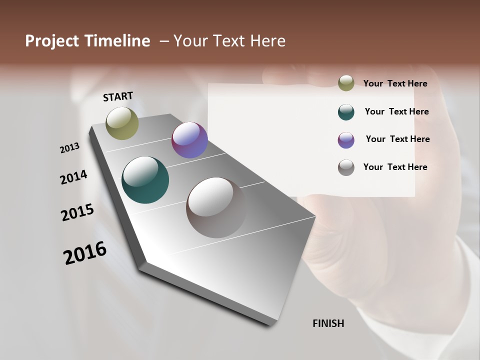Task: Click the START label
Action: [118, 96]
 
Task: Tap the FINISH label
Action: [328, 323]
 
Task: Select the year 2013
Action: [69, 148]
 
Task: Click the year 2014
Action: [73, 177]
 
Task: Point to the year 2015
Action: [77, 212]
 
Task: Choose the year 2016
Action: [85, 253]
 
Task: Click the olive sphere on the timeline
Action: [122, 123]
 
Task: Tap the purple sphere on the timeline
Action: [189, 140]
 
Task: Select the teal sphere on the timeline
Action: [145, 180]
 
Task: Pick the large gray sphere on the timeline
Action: [216, 207]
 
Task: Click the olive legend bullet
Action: [346, 83]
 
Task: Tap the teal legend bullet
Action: [346, 112]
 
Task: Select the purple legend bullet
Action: [346, 140]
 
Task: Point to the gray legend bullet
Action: [346, 167]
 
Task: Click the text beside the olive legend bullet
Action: [395, 83]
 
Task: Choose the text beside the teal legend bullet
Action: [396, 111]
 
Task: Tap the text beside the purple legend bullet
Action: [397, 139]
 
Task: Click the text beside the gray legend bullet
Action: [395, 167]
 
